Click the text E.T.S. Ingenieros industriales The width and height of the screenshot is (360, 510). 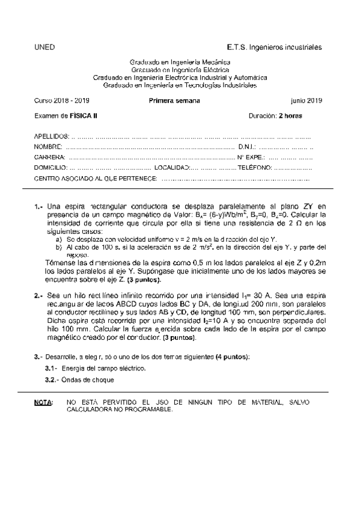tap(274, 46)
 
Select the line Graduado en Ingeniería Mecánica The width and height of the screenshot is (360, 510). tap(180, 63)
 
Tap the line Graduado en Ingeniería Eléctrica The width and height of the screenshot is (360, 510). tap(180, 70)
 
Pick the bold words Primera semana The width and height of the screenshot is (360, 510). tap(174, 100)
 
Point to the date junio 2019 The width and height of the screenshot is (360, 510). tap(306, 100)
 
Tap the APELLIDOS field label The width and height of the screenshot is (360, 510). tap(52, 137)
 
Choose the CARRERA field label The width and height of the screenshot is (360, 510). tap(49, 157)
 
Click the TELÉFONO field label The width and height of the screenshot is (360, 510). tap(255, 168)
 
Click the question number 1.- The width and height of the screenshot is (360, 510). tap(38, 206)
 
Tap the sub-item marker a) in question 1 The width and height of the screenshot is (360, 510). tap(58, 239)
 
